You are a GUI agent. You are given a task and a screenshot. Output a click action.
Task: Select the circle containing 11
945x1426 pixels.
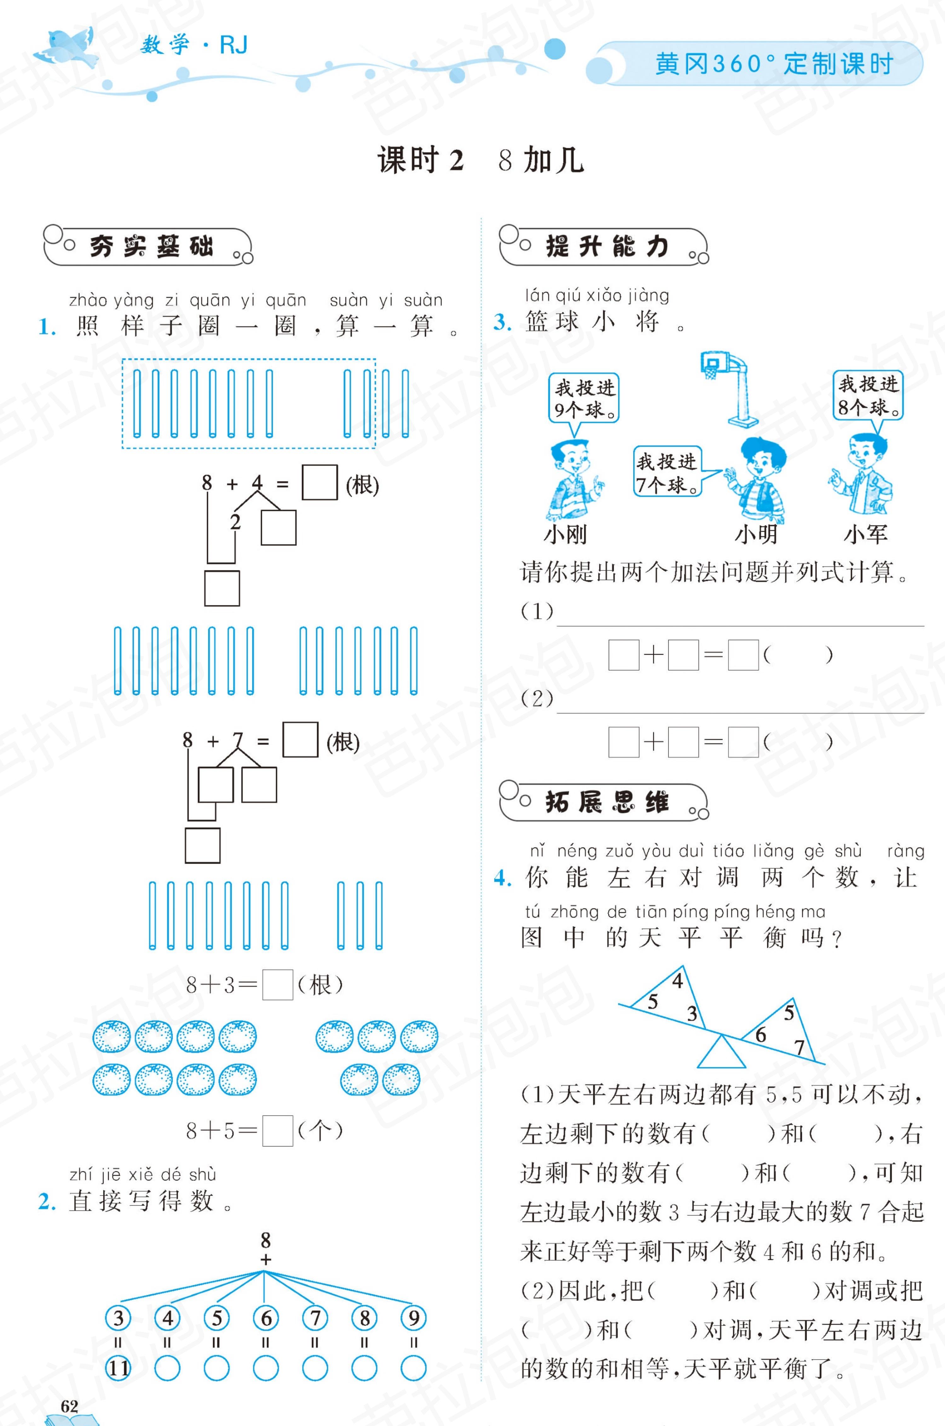tap(118, 1368)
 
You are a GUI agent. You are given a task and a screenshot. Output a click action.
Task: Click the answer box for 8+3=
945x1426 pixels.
tap(278, 985)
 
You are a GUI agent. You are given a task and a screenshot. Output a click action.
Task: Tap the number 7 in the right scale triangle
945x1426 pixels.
tap(799, 1047)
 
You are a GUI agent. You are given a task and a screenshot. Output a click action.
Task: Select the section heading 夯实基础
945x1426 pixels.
tap(151, 246)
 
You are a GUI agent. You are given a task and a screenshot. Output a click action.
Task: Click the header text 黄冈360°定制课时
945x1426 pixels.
tap(774, 63)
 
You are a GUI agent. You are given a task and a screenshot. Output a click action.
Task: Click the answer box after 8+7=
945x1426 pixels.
tap(300, 739)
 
